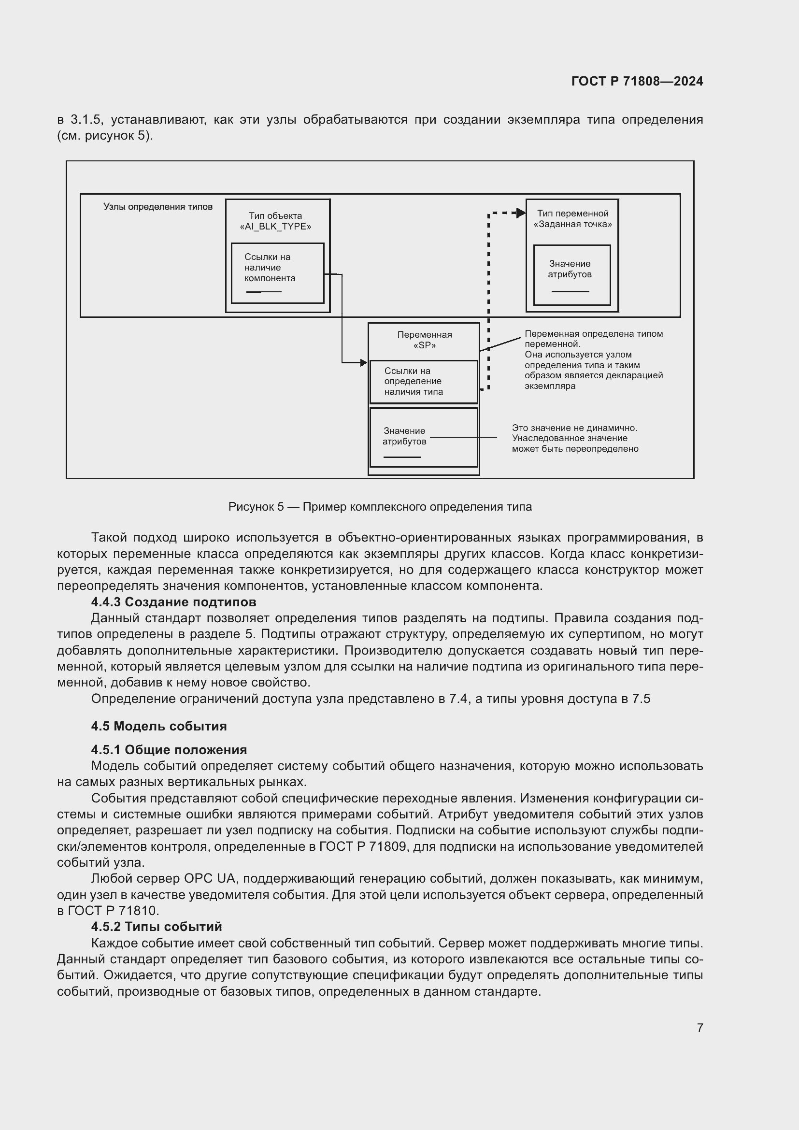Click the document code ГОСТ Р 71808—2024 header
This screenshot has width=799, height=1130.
pyautogui.click(x=637, y=81)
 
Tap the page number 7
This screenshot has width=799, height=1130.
pyautogui.click(x=699, y=1028)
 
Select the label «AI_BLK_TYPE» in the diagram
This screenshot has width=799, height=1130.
pyautogui.click(x=275, y=227)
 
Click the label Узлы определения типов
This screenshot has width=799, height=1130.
pyautogui.click(x=158, y=207)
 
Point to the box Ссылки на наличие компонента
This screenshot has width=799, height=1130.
pyautogui.click(x=277, y=272)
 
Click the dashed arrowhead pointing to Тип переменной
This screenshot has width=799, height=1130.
pyautogui.click(x=521, y=213)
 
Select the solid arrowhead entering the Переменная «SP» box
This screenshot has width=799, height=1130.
pyautogui.click(x=364, y=363)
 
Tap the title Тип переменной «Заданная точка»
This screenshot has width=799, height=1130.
pyautogui.click(x=572, y=218)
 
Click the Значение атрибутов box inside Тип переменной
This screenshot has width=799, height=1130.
pyautogui.click(x=571, y=274)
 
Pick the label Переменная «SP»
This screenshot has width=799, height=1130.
pyautogui.click(x=424, y=340)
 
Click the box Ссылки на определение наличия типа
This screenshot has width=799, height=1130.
pyautogui.click(x=424, y=382)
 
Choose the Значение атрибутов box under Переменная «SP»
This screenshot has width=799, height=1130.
pyautogui.click(x=424, y=437)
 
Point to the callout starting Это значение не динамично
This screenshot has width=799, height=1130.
pyautogui.click(x=575, y=438)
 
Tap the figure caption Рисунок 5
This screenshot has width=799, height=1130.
pyautogui.click(x=380, y=507)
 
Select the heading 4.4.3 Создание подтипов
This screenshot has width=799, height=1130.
pyautogui.click(x=174, y=602)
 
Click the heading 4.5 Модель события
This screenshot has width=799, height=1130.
pyautogui.click(x=159, y=726)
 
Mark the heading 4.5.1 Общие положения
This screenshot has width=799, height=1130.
pyautogui.click(x=169, y=750)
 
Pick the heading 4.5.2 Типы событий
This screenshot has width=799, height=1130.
pyautogui.click(x=157, y=927)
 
